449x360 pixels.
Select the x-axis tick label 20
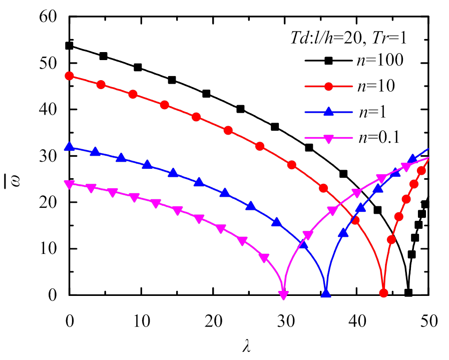pyautogui.click(x=213, y=319)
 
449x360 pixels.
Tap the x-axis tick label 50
pyautogui.click(x=428, y=319)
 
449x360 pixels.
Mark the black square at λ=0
pyautogui.click(x=70, y=46)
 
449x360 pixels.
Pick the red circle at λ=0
pyautogui.click(x=70, y=76)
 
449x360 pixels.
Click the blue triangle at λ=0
pyautogui.click(x=70, y=147)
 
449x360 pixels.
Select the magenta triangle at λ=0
pyautogui.click(x=70, y=184)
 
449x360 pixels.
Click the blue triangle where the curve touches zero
pyautogui.click(x=326, y=293)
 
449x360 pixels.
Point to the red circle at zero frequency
pyautogui.click(x=383, y=293)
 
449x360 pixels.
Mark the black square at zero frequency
pyautogui.click(x=408, y=293)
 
